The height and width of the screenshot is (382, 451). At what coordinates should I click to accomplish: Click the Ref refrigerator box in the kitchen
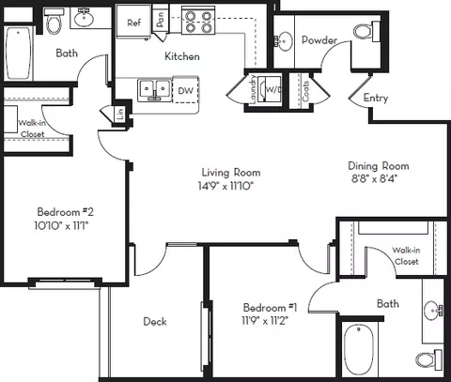pyautogui.click(x=133, y=22)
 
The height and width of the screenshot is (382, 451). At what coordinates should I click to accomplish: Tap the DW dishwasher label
pyautogui.click(x=185, y=91)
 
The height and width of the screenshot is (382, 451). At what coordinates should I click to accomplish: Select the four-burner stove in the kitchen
pyautogui.click(x=198, y=22)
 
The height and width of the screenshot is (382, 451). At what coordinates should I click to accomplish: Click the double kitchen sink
pyautogui.click(x=154, y=90)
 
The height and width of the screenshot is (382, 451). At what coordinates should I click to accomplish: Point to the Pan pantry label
pyautogui.click(x=160, y=20)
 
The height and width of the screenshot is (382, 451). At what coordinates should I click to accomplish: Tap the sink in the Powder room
pyautogui.click(x=284, y=41)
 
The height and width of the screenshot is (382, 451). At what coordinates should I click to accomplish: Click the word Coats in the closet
pyautogui.click(x=305, y=91)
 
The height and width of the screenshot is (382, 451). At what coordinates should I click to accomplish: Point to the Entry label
pyautogui.click(x=376, y=99)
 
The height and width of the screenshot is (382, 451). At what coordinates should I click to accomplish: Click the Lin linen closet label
pyautogui.click(x=120, y=115)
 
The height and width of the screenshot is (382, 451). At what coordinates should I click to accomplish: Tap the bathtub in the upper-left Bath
pyautogui.click(x=19, y=53)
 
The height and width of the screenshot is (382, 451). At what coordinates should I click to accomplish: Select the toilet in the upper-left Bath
pyautogui.click(x=54, y=22)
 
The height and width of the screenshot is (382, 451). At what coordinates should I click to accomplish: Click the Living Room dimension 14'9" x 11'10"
pyautogui.click(x=225, y=186)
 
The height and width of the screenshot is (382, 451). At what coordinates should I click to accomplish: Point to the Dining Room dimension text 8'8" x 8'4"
pyautogui.click(x=374, y=178)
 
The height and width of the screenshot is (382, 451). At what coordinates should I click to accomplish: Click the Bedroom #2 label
pyautogui.click(x=65, y=212)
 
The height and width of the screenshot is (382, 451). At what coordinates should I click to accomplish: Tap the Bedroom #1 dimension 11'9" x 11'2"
pyautogui.click(x=265, y=321)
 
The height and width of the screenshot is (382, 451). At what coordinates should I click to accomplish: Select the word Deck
pyautogui.click(x=155, y=321)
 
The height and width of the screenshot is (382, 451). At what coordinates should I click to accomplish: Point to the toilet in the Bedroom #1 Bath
pyautogui.click(x=428, y=359)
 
